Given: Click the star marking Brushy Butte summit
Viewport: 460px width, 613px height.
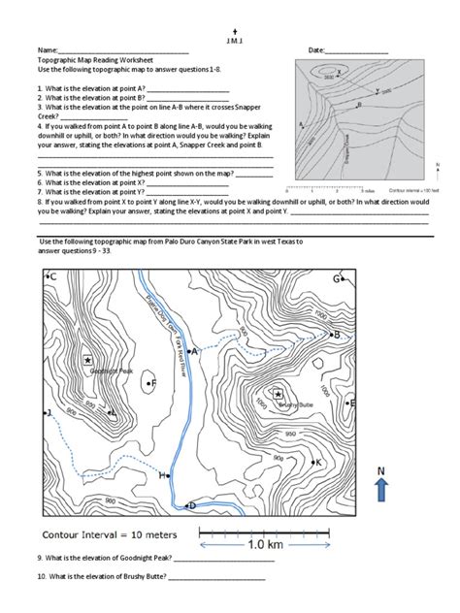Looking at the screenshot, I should coord(279,394).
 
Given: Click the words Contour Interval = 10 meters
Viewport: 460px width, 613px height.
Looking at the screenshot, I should coord(108,534).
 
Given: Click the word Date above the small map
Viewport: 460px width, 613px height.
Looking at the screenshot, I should coord(317,49).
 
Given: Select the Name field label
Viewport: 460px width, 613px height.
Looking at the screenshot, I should coord(48,49).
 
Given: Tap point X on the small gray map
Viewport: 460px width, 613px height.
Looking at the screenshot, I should coord(340,72).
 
